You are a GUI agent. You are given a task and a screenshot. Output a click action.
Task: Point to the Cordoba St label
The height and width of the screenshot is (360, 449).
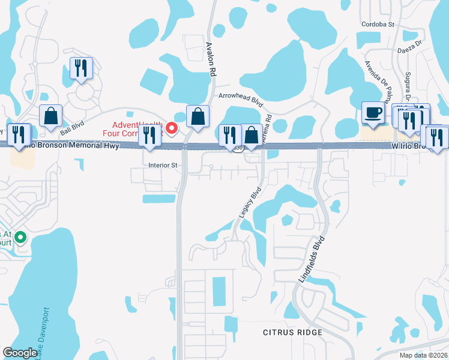click(378, 25)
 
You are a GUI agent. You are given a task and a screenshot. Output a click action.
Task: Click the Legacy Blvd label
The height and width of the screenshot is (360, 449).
click(255, 202)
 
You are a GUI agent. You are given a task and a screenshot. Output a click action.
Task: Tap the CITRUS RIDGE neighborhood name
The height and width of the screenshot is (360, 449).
click(292, 332)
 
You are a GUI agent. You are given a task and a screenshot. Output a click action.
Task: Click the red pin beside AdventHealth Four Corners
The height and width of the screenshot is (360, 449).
click(172, 128)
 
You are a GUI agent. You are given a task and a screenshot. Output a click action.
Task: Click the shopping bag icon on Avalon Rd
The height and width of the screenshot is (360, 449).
click(197, 116)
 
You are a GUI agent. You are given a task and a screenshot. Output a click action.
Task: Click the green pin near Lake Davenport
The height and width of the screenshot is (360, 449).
click(20, 238)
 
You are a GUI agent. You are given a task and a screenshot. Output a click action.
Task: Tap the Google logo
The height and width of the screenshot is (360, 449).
click(20, 353)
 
